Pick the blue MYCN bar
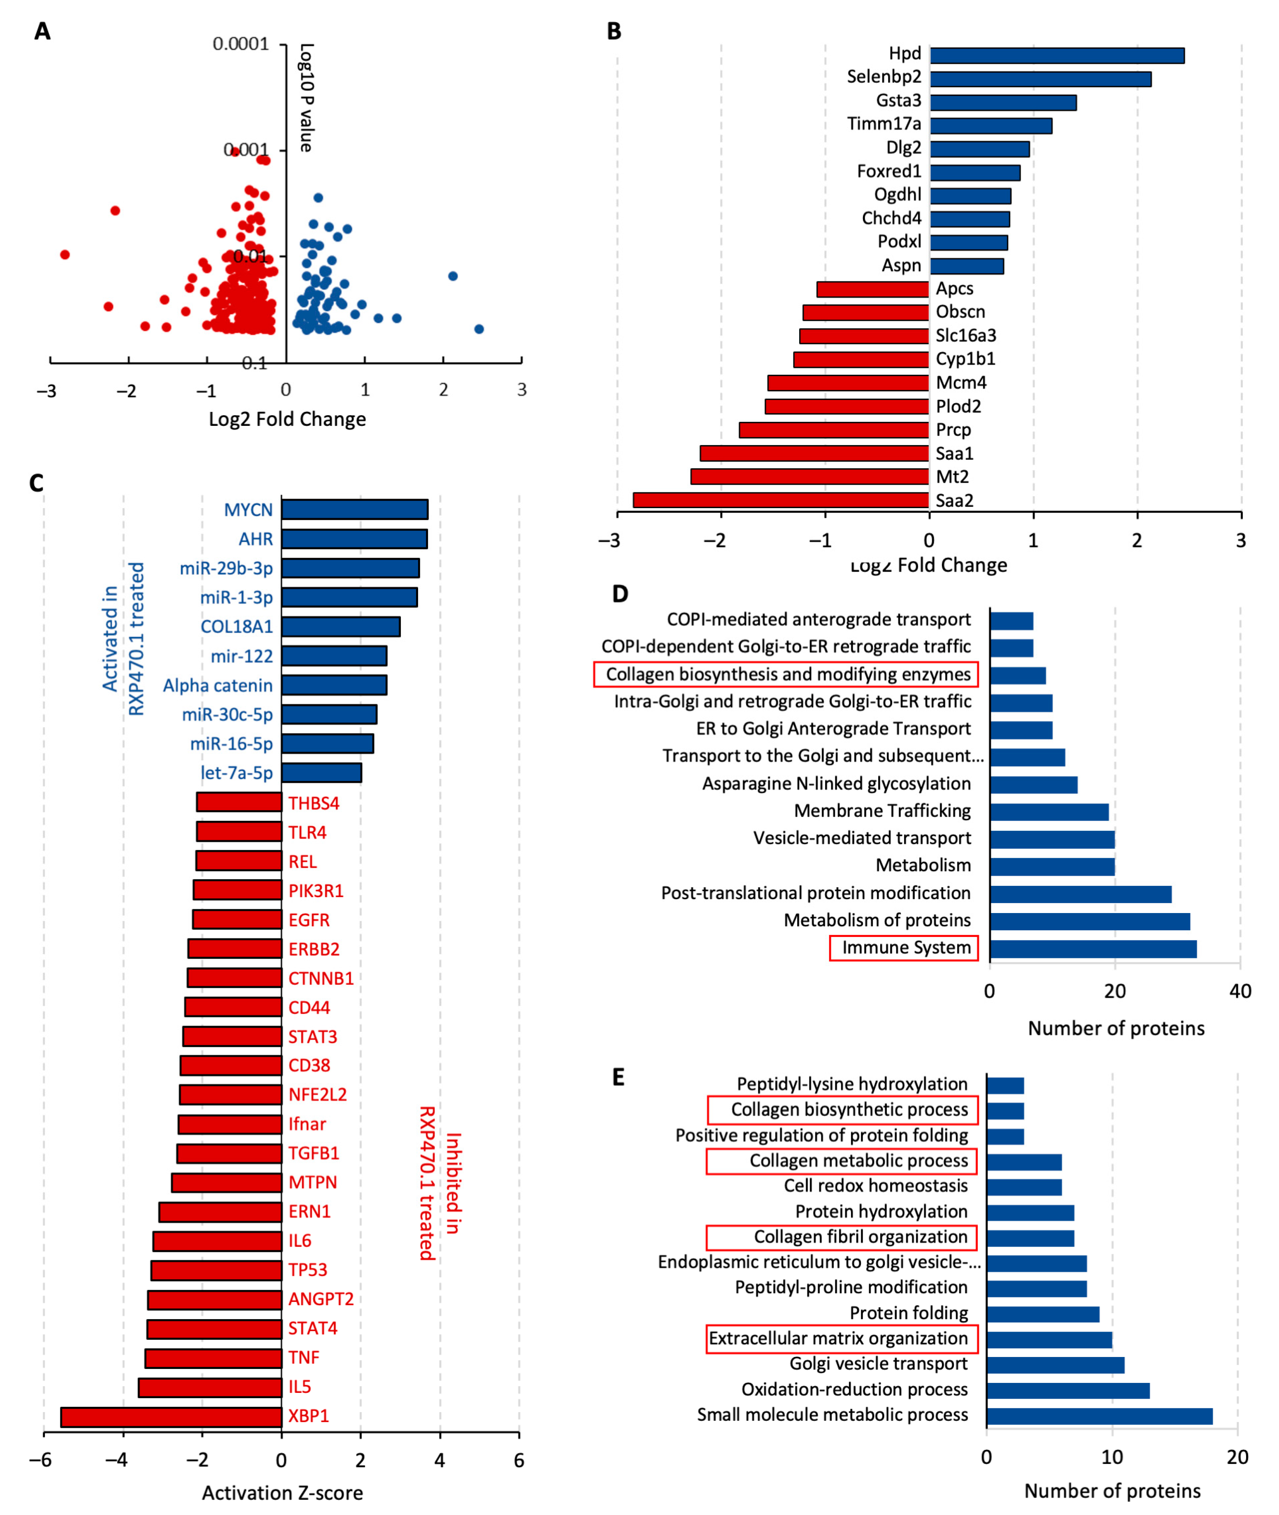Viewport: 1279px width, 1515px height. [x=355, y=509]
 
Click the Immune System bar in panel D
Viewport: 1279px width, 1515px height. [x=1093, y=949]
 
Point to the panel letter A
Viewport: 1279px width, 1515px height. [x=42, y=31]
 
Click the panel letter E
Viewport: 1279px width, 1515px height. [x=618, y=1077]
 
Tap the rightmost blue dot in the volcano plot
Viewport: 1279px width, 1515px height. [x=479, y=329]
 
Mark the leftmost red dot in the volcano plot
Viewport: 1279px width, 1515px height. [x=65, y=254]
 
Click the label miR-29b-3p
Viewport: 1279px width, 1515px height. [x=226, y=568]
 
